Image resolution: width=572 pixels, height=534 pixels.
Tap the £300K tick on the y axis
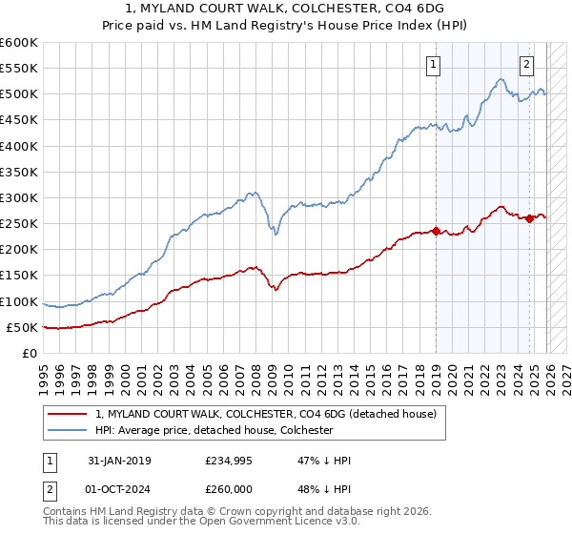coord(18,197)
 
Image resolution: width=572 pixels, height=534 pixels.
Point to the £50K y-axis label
coord(21,327)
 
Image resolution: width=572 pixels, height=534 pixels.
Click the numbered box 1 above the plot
coord(434,65)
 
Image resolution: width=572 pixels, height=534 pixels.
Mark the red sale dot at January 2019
coord(436,231)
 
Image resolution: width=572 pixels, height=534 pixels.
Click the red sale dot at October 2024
coord(529,218)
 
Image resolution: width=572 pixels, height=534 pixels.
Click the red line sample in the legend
coord(68,414)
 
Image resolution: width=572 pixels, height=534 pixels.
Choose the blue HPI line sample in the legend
coord(68,430)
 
